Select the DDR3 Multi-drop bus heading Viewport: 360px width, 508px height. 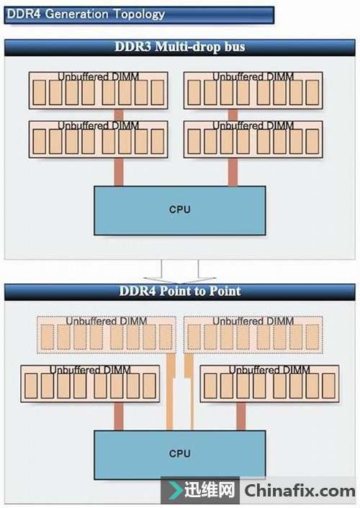(x=180, y=47)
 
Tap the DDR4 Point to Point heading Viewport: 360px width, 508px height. (x=180, y=290)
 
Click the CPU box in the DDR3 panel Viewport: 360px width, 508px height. (x=180, y=210)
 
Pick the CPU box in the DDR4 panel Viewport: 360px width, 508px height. (x=180, y=455)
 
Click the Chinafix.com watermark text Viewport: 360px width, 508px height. (x=300, y=491)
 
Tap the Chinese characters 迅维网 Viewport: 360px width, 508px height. (x=210, y=489)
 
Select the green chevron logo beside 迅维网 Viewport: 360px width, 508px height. (x=174, y=490)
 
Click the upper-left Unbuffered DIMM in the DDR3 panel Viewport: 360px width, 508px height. (x=99, y=90)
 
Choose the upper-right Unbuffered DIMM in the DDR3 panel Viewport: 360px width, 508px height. (x=253, y=90)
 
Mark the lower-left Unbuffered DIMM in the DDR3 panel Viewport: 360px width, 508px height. (x=99, y=139)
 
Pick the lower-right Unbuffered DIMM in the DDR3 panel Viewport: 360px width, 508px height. (x=253, y=139)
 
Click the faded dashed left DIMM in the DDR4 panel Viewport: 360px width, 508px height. (x=107, y=335)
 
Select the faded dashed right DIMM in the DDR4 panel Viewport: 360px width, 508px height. (x=253, y=335)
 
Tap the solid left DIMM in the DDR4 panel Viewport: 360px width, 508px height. (x=90, y=384)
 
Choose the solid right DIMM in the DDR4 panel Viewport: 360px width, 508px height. (x=270, y=384)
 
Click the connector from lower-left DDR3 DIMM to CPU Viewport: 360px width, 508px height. (x=119, y=172)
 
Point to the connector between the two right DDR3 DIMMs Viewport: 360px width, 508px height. (x=233, y=115)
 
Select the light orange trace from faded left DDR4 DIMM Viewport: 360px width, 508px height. (x=170, y=392)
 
